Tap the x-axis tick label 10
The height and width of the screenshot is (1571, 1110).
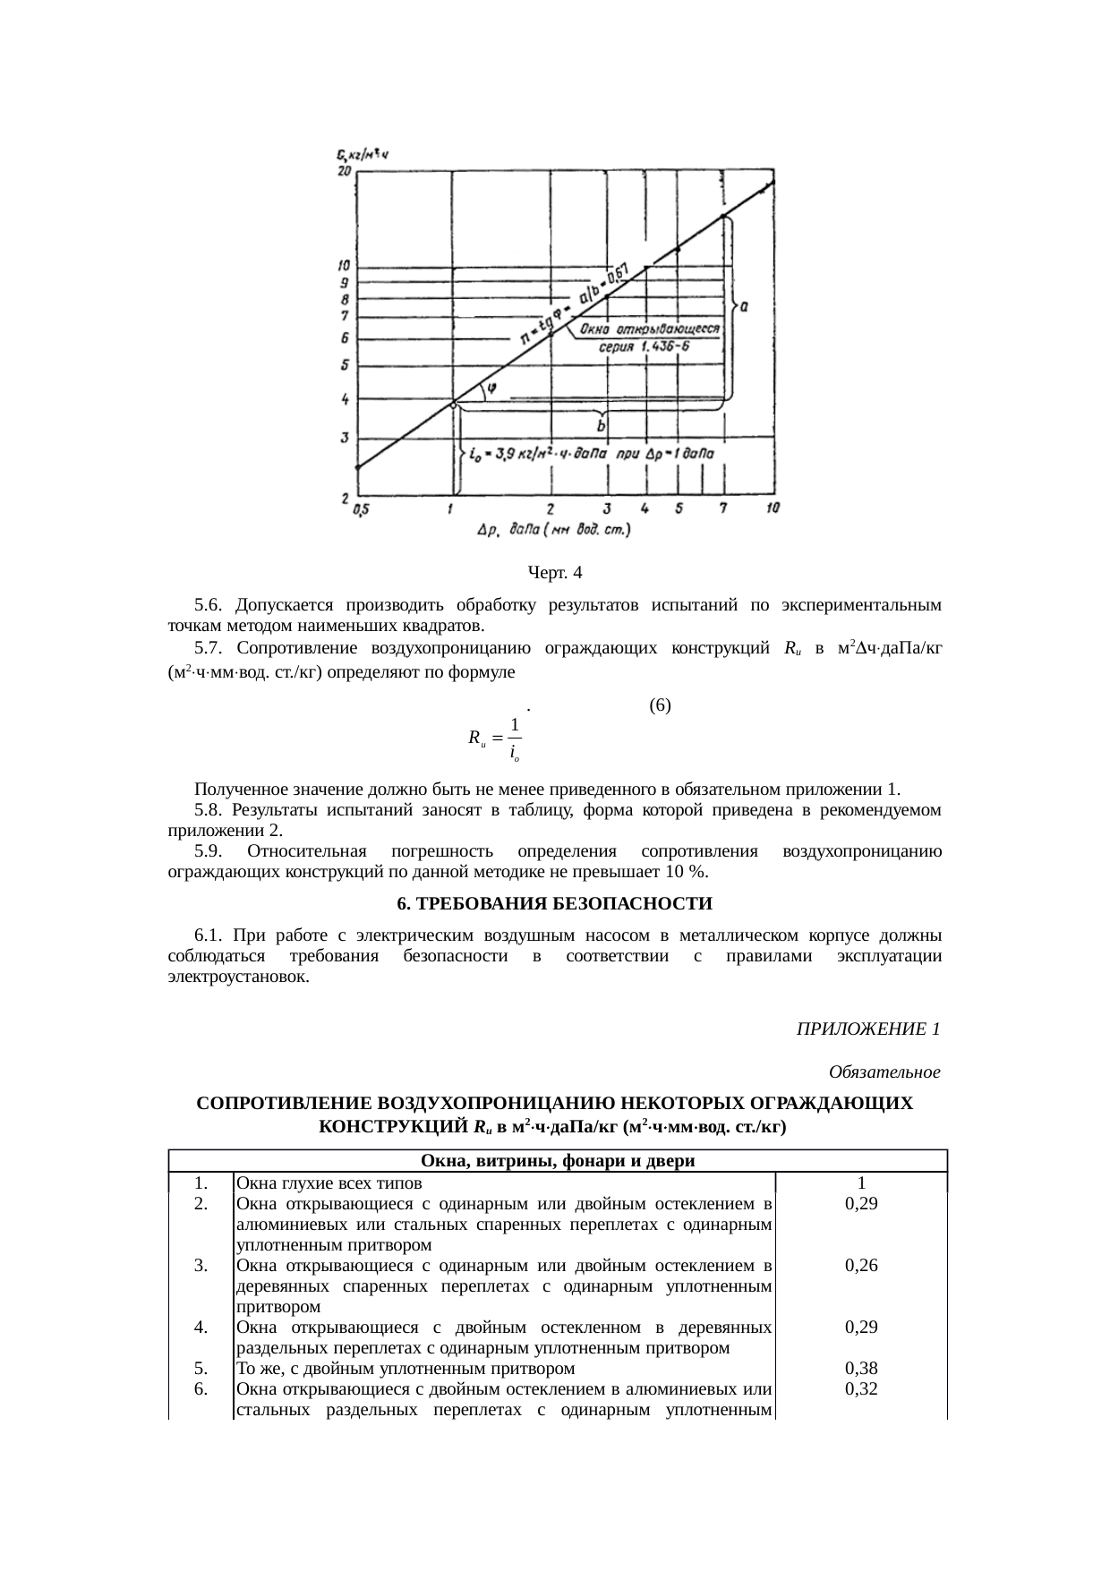tap(773, 508)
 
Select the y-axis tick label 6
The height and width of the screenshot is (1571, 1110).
tap(345, 339)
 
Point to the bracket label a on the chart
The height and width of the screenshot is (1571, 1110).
tap(745, 306)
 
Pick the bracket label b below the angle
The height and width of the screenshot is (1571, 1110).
tap(602, 425)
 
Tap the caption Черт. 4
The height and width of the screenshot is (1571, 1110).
tap(555, 572)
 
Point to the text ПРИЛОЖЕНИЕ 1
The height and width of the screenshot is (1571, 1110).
tap(867, 1029)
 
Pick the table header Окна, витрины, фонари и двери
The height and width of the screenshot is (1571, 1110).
tap(558, 1162)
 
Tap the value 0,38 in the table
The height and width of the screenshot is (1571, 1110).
tap(860, 1368)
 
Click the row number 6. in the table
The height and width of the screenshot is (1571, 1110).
tap(201, 1388)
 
